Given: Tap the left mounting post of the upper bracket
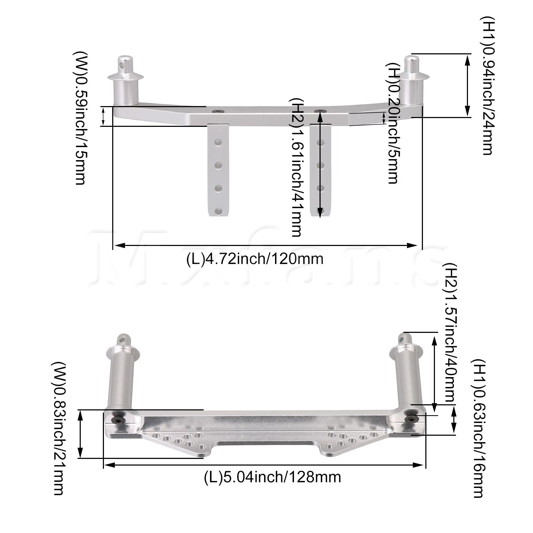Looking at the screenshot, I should coord(126,83).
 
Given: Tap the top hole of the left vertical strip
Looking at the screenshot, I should coord(218,143).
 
